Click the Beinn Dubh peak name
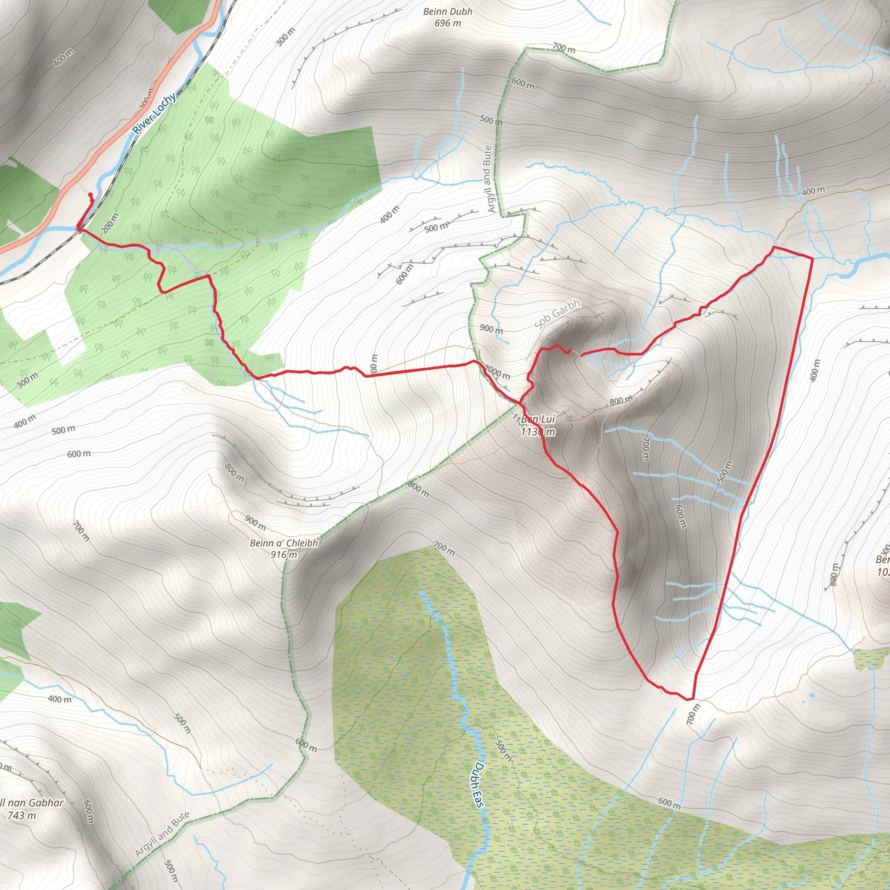coord(447,12)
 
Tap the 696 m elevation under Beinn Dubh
coord(447,23)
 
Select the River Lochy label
coord(154,113)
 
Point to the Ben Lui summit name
coord(538,419)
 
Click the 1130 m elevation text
coord(538,432)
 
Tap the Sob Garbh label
coord(558,313)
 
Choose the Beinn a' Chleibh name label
coord(284,543)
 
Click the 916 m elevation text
coord(284,555)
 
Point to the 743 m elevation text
coord(21,815)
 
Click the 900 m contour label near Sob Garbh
coord(491,329)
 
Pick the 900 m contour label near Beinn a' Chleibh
coord(255,522)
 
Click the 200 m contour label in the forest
coord(110,223)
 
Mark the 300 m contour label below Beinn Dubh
coord(286,37)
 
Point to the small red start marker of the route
coord(90,195)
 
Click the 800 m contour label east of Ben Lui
coord(621,401)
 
